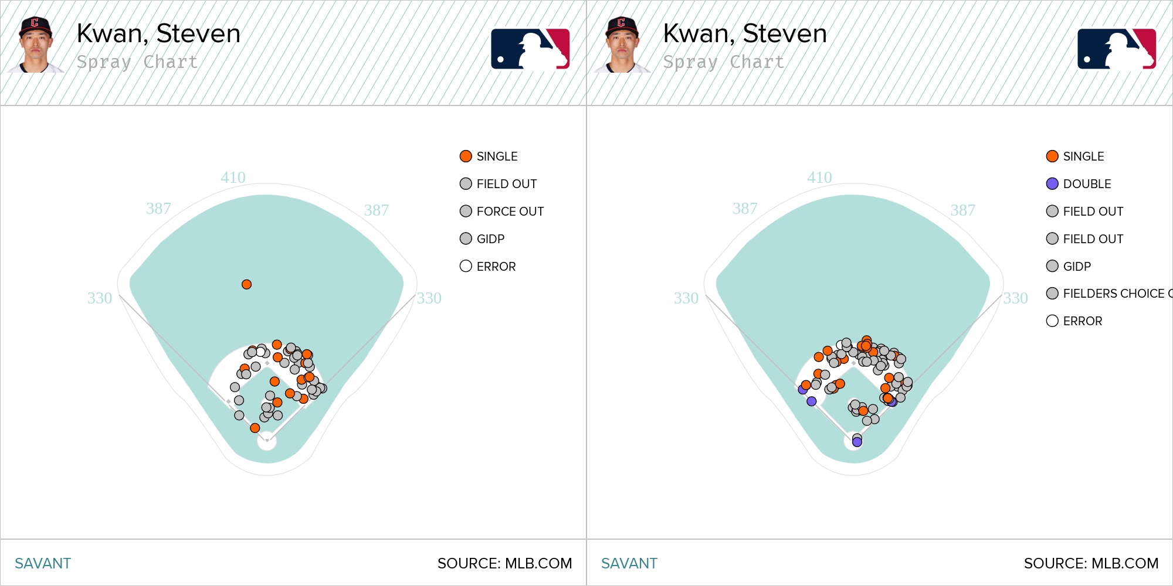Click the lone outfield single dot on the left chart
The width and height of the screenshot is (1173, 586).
pyautogui.click(x=246, y=284)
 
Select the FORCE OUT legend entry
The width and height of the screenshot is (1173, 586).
pyautogui.click(x=502, y=211)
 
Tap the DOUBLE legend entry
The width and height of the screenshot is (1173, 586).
pyautogui.click(x=1079, y=183)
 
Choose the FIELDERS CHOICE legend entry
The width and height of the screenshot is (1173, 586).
pyautogui.click(x=1109, y=293)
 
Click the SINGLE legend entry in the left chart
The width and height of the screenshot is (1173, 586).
pyautogui.click(x=489, y=156)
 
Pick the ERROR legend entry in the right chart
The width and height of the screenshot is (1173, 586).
pyautogui.click(x=1074, y=321)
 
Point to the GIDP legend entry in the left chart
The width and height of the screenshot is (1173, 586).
pyautogui.click(x=482, y=239)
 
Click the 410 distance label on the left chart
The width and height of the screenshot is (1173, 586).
pyautogui.click(x=233, y=177)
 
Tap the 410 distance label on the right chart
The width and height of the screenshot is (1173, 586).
pyautogui.click(x=819, y=177)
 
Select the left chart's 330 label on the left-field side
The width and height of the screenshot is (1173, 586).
pyautogui.click(x=100, y=298)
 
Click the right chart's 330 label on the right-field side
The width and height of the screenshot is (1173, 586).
pyautogui.click(x=1016, y=298)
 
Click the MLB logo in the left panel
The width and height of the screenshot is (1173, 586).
pyautogui.click(x=530, y=49)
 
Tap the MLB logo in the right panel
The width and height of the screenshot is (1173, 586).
pyautogui.click(x=1117, y=49)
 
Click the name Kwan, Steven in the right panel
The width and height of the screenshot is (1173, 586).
pyautogui.click(x=745, y=33)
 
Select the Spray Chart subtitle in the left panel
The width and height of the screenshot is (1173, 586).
pyautogui.click(x=137, y=62)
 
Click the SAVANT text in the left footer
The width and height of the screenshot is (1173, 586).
pyautogui.click(x=43, y=563)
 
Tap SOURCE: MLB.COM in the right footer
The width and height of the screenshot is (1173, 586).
pyautogui.click(x=1091, y=563)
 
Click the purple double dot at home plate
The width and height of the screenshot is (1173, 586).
pyautogui.click(x=857, y=442)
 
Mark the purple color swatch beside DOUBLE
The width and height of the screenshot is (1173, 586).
pyautogui.click(x=1052, y=183)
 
